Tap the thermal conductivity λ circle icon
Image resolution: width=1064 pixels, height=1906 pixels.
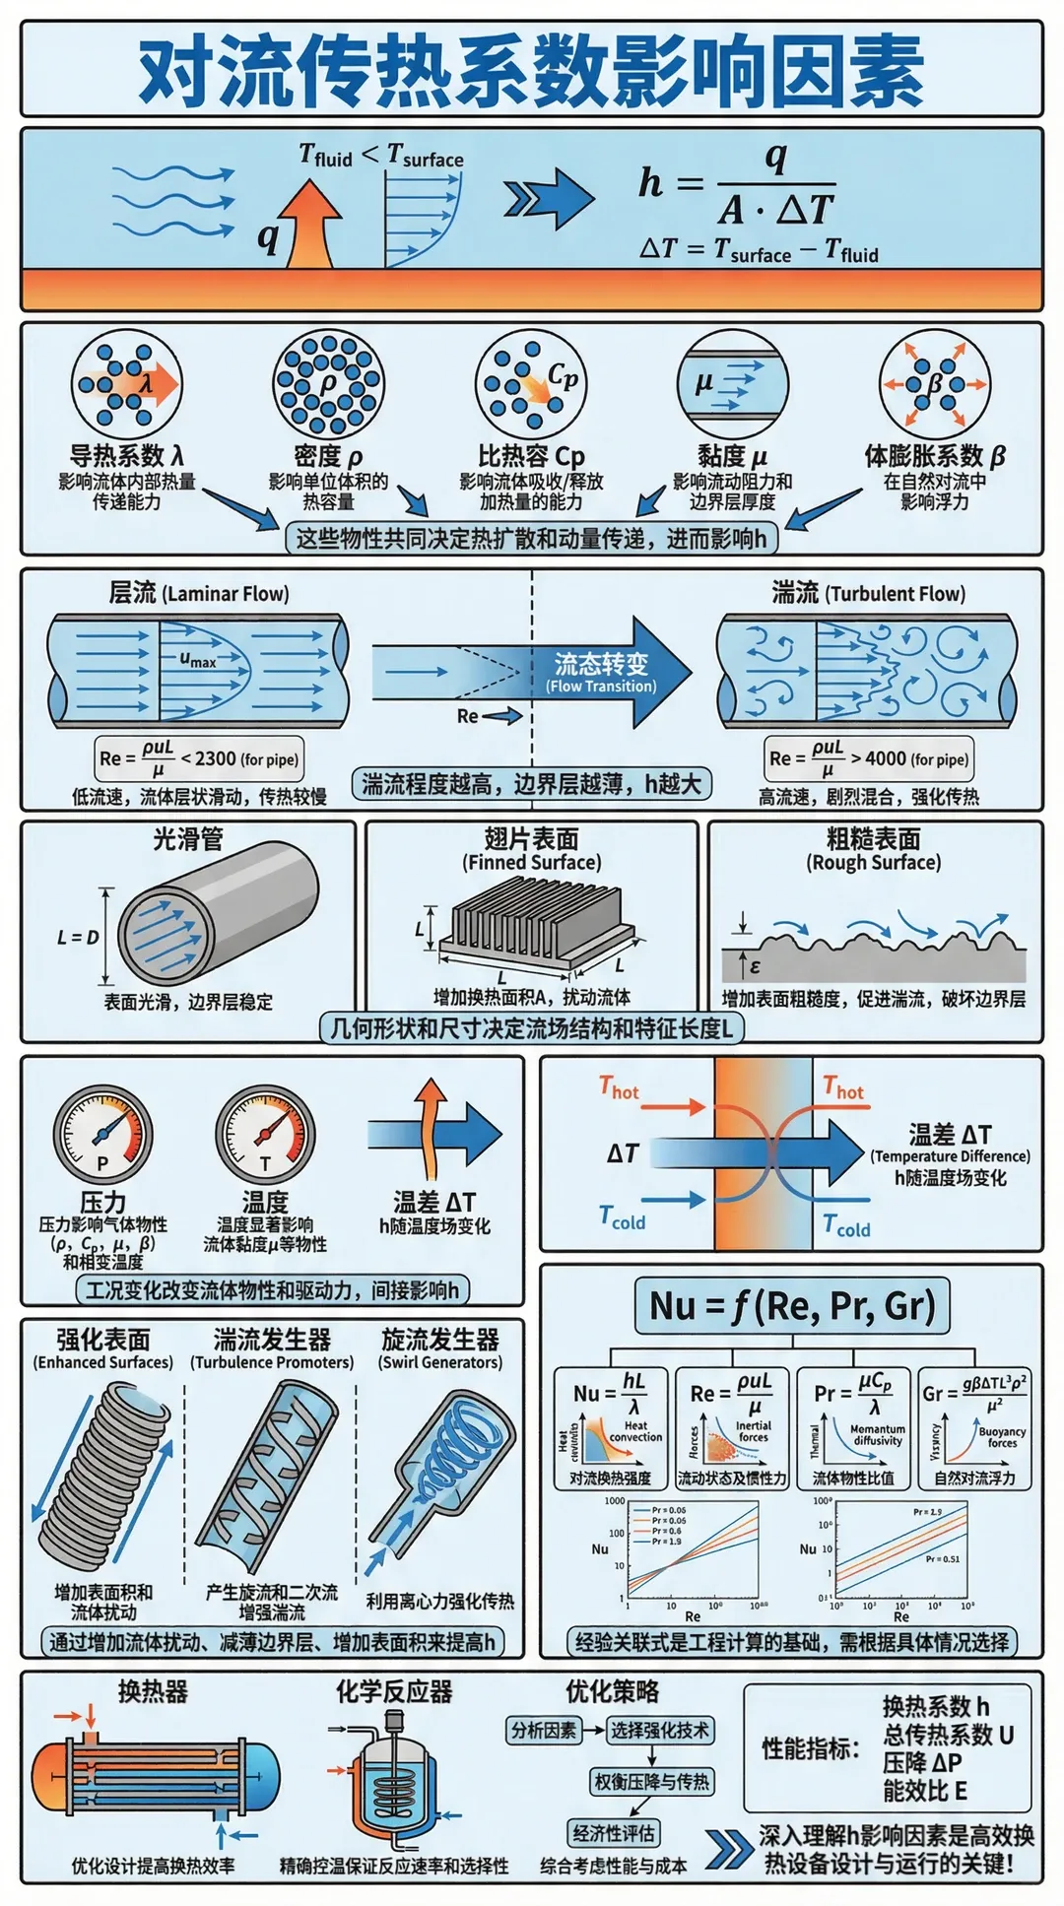pyautogui.click(x=126, y=384)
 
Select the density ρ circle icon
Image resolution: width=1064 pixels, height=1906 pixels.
pyautogui.click(x=328, y=384)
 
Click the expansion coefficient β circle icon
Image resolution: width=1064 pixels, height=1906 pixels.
pyautogui.click(x=934, y=384)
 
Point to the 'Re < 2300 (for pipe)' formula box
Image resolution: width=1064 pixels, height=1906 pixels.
pyautogui.click(x=198, y=759)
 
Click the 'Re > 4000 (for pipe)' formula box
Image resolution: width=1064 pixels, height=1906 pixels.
pyautogui.click(x=869, y=758)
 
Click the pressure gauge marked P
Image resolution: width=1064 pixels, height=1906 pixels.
pyautogui.click(x=102, y=1136)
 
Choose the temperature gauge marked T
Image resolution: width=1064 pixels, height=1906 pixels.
pyautogui.click(x=265, y=1136)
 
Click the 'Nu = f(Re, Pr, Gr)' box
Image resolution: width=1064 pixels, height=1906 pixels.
pyautogui.click(x=792, y=1306)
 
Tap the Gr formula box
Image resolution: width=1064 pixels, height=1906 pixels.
pyautogui.click(x=974, y=1427)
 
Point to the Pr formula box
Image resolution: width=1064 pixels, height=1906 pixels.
pyautogui.click(x=853, y=1427)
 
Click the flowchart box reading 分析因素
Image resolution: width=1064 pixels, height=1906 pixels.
pyautogui.click(x=543, y=1731)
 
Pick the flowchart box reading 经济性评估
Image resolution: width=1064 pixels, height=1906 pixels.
pyautogui.click(x=614, y=1833)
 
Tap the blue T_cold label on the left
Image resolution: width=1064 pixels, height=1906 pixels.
pyautogui.click(x=623, y=1218)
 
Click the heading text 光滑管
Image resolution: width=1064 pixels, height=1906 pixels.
pyautogui.click(x=187, y=839)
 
